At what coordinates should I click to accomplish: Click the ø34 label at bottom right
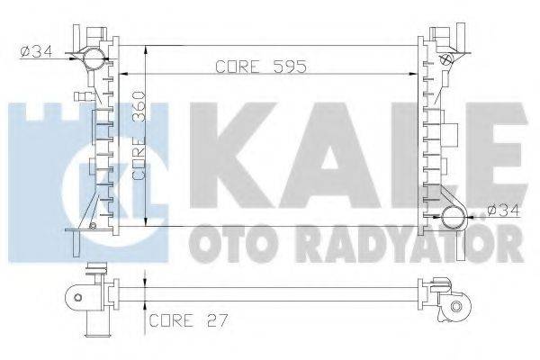coord(502,211)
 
